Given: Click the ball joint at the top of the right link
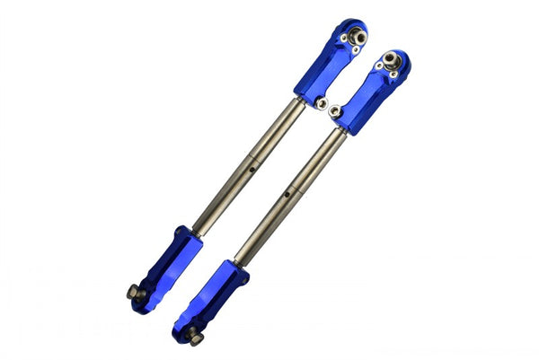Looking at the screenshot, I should [x=389, y=61].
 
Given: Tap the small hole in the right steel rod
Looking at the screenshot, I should [x=287, y=192].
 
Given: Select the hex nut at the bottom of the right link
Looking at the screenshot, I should [x=193, y=337].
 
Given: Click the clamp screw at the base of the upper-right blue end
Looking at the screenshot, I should [x=335, y=111].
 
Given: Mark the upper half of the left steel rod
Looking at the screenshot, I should [x=273, y=136].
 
